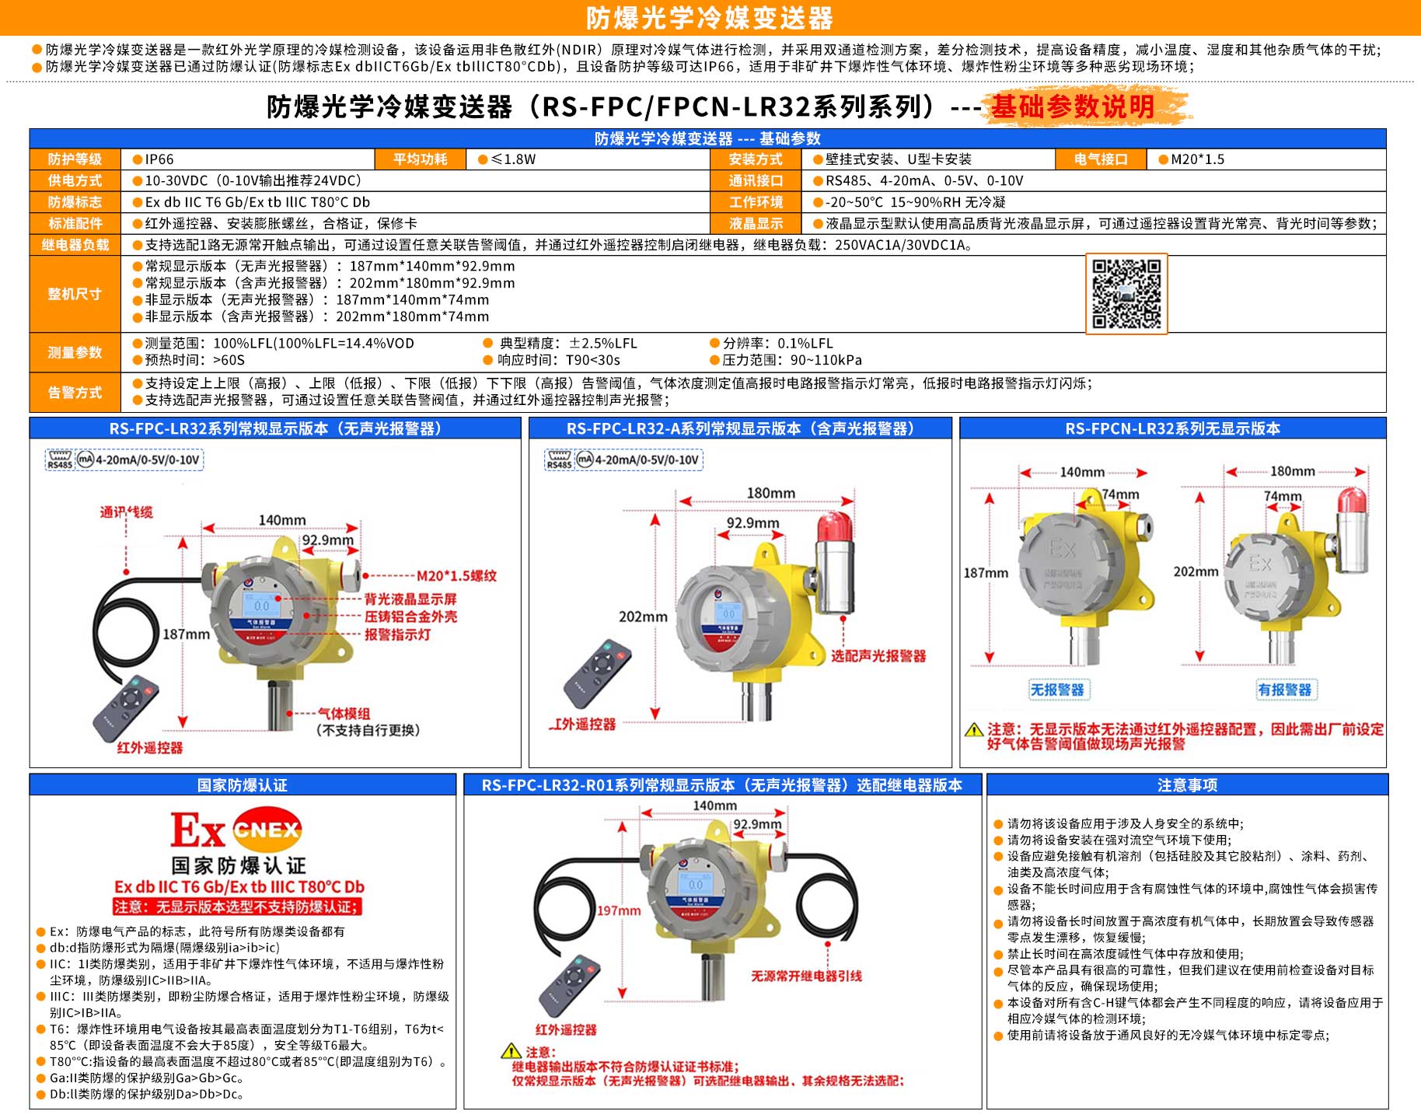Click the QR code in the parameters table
coord(1126,294)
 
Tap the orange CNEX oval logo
coord(267,830)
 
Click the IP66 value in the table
coord(159,159)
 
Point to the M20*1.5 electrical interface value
coord(1197,159)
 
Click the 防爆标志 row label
coord(75,202)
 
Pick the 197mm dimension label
coord(619,910)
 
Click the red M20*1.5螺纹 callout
coord(456,576)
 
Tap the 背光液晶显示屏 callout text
coord(410,599)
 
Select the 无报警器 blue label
coord(1056,690)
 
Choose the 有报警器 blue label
coord(1284,690)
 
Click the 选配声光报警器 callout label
coord(878,656)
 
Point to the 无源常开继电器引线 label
coord(806,976)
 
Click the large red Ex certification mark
coord(197,830)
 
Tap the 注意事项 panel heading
coord(1187,785)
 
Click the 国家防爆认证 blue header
coord(243,785)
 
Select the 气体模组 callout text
coord(344,714)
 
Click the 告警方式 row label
coord(75,393)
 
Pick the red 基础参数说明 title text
coord(1073,107)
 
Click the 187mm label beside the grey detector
coord(986,573)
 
